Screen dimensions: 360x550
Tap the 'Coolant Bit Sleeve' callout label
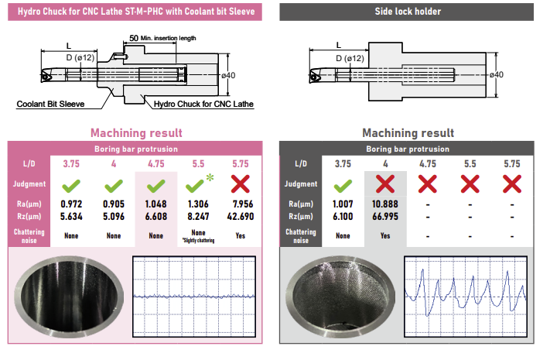pyautogui.click(x=52, y=102)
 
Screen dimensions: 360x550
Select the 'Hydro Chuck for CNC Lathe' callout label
pyautogui.click(x=204, y=103)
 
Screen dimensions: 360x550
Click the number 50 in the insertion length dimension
pyautogui.click(x=133, y=37)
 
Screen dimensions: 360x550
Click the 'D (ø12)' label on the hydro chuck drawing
pyautogui.click(x=80, y=58)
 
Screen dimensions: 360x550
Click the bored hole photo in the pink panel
pyautogui.click(x=69, y=295)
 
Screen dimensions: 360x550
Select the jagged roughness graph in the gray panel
pyautogui.click(x=469, y=295)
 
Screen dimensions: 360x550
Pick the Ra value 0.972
pyautogui.click(x=71, y=204)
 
